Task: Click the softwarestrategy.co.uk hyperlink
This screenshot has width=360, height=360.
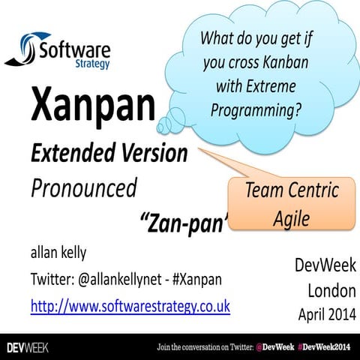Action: click(130, 306)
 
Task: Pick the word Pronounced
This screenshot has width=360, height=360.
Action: click(83, 187)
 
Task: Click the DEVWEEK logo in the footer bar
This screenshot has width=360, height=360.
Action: click(27, 347)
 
